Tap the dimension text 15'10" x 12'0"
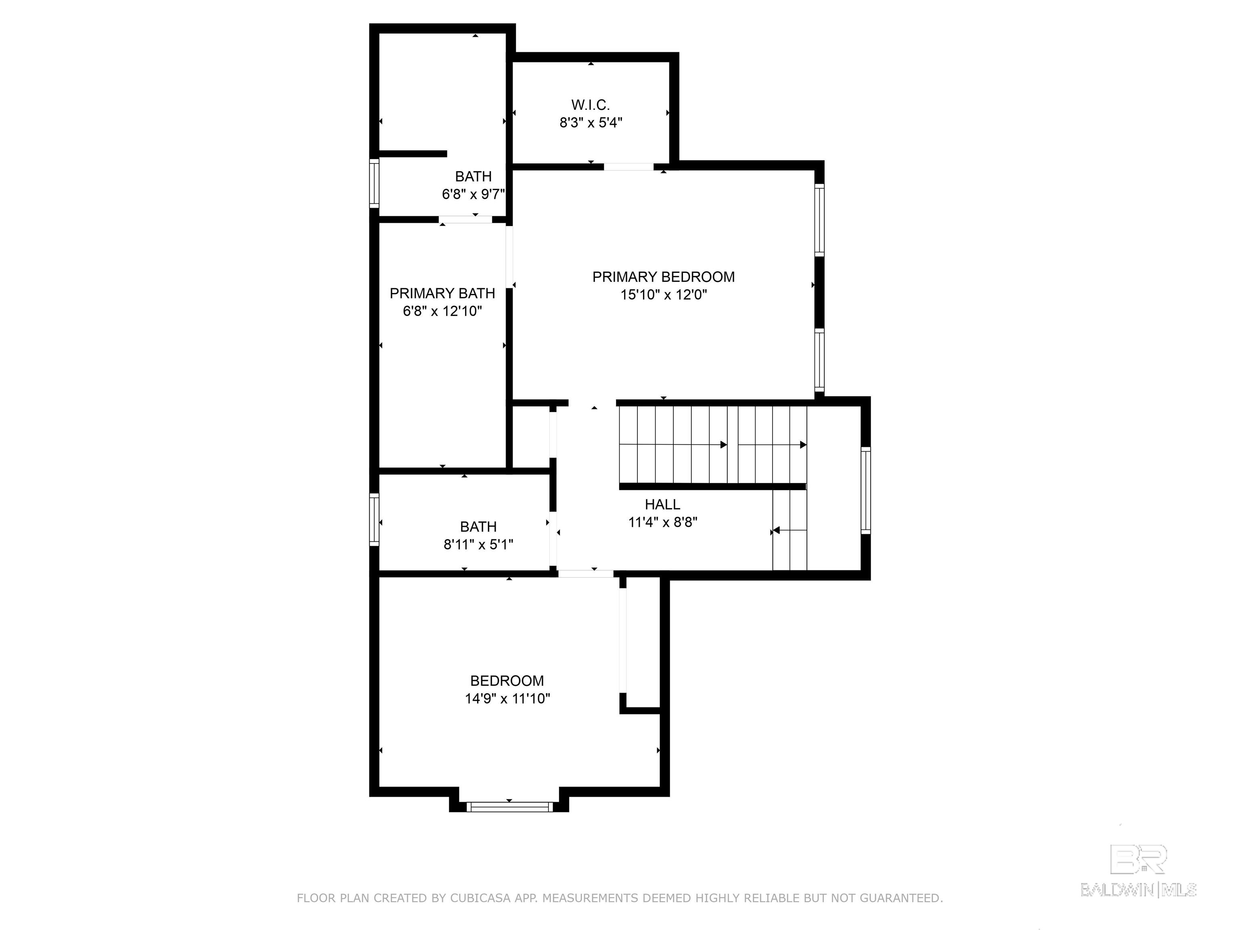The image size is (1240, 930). (663, 295)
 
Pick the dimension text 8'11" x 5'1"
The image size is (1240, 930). (478, 545)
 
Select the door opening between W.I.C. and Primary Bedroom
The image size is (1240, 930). (628, 166)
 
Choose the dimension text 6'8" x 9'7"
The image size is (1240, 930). (474, 195)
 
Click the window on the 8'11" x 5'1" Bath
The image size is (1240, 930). (374, 519)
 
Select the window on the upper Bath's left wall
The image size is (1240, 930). (374, 183)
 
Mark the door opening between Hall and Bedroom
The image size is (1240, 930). (585, 574)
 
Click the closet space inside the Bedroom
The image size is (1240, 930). (643, 645)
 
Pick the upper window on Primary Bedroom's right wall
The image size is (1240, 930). (819, 220)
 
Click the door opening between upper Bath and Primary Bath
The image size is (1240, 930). (465, 220)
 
